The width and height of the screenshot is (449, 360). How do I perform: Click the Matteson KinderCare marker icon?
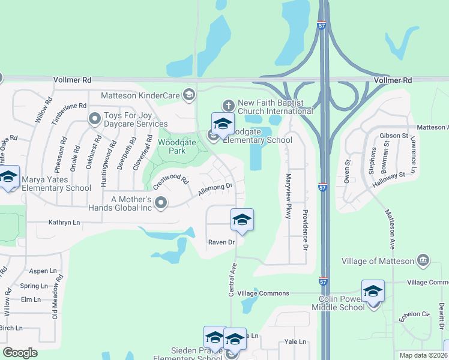coord(189,94)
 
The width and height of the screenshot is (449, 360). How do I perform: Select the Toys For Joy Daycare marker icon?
coord(94,119)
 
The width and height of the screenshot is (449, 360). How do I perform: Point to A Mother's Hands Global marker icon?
coord(161,204)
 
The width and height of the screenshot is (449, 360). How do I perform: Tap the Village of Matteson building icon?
coord(423,260)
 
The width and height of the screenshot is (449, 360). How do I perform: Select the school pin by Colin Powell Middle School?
coord(373,291)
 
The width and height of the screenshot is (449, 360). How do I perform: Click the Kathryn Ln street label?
coord(64,223)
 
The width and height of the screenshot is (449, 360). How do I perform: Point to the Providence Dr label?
coord(305,230)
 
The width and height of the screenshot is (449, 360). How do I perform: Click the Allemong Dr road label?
coord(215,190)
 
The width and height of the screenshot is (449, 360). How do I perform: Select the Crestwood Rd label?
coord(170,182)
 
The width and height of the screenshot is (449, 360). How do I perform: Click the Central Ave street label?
coord(232,279)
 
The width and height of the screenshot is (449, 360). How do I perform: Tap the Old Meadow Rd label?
coord(57,297)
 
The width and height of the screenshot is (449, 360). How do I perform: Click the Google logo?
coord(20,353)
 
